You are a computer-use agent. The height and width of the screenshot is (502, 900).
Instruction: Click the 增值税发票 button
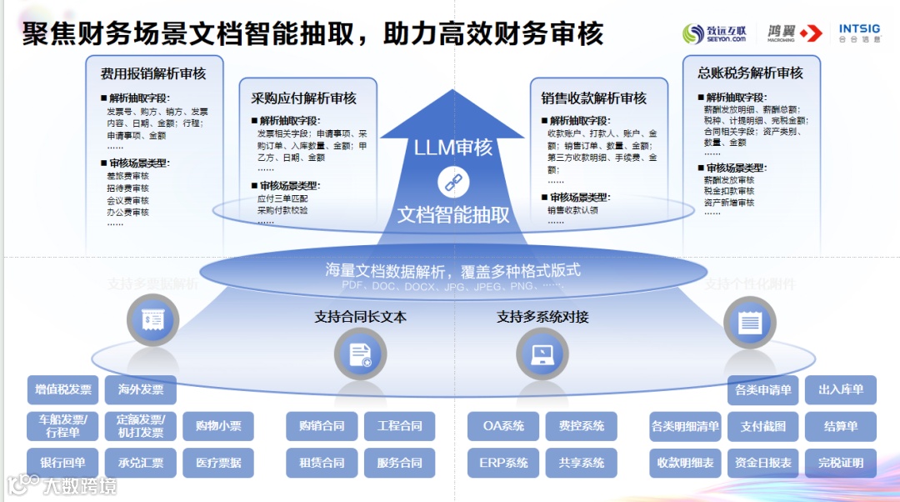click(x=63, y=389)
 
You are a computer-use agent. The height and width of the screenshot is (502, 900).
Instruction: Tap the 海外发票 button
click(x=141, y=389)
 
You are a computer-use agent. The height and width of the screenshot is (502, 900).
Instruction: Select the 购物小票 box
click(x=218, y=426)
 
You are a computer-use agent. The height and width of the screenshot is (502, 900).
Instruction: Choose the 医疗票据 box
click(x=218, y=463)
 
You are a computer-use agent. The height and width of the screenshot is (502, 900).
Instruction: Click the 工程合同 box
click(x=399, y=426)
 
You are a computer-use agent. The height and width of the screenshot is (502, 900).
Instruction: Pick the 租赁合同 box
click(x=322, y=463)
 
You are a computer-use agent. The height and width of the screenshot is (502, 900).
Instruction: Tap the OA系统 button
click(x=503, y=426)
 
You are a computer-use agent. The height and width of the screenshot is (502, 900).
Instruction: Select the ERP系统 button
click(x=503, y=463)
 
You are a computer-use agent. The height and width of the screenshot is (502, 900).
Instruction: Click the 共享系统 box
click(x=581, y=463)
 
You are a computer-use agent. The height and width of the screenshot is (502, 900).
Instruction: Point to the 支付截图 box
click(x=762, y=426)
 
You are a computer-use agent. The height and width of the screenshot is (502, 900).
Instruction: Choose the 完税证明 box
click(x=841, y=463)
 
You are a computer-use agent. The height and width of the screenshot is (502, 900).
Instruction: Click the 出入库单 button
click(x=841, y=389)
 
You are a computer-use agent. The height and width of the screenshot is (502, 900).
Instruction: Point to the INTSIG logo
click(x=858, y=33)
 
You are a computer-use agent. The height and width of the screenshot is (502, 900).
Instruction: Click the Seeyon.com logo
click(x=714, y=33)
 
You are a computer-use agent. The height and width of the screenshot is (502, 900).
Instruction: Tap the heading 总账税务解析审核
click(x=750, y=73)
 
